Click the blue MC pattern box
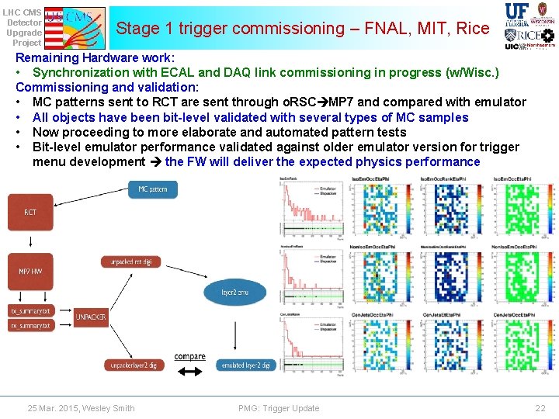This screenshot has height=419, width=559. pyautogui.click(x=152, y=189)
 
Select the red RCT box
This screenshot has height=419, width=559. pyautogui.click(x=30, y=212)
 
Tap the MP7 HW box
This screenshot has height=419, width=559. pyautogui.click(x=30, y=271)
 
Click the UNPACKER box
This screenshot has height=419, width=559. pyautogui.click(x=91, y=317)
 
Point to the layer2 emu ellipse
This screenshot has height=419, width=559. pyautogui.click(x=234, y=292)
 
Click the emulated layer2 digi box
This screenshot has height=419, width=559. pyautogui.click(x=245, y=365)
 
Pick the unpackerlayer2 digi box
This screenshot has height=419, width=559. pyautogui.click(x=132, y=365)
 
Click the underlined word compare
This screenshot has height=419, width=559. pyautogui.click(x=189, y=357)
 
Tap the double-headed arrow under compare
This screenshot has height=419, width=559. pyautogui.click(x=189, y=372)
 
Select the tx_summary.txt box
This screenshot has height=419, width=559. pyautogui.click(x=30, y=311)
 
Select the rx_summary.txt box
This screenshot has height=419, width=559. pyautogui.click(x=30, y=326)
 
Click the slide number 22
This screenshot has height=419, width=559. pyautogui.click(x=540, y=408)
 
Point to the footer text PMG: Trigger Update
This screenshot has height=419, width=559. pyautogui.click(x=279, y=408)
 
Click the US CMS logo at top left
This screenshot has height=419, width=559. pyautogui.click(x=75, y=25)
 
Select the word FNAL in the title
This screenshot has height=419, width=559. pyautogui.click(x=370, y=29)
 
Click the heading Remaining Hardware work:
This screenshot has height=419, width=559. pyautogui.click(x=95, y=58)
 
